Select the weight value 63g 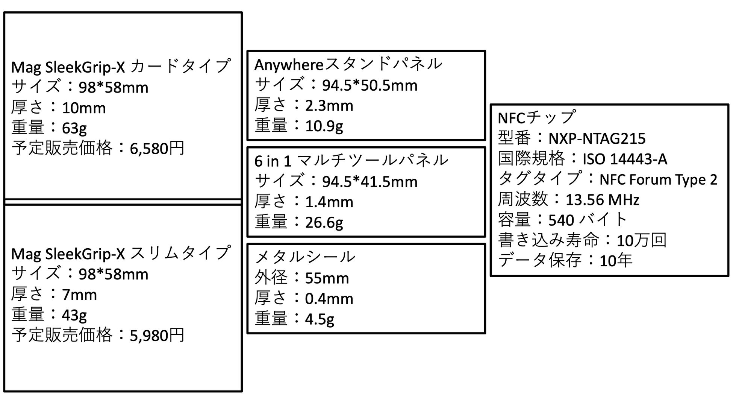pyautogui.click(x=74, y=128)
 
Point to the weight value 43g pyautogui.click(x=74, y=315)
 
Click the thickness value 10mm pyautogui.click(x=84, y=108)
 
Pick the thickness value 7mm pyautogui.click(x=79, y=295)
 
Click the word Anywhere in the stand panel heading pyautogui.click(x=289, y=65)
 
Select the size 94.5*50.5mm pyautogui.click(x=370, y=85)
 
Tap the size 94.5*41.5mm pyautogui.click(x=370, y=182)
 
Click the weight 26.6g pyautogui.click(x=324, y=222)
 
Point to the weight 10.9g pyautogui.click(x=324, y=126)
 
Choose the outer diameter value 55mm pyautogui.click(x=327, y=278)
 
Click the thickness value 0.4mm pyautogui.click(x=329, y=299)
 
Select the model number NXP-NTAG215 pyautogui.click(x=597, y=138)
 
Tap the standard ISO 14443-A pyautogui.click(x=625, y=159)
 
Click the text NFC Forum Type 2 pyautogui.click(x=658, y=179)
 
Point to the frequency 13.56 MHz pyautogui.click(x=602, y=200)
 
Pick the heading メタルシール pyautogui.click(x=305, y=257)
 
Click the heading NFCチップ pyautogui.click(x=536, y=118)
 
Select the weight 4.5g pyautogui.click(x=320, y=319)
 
